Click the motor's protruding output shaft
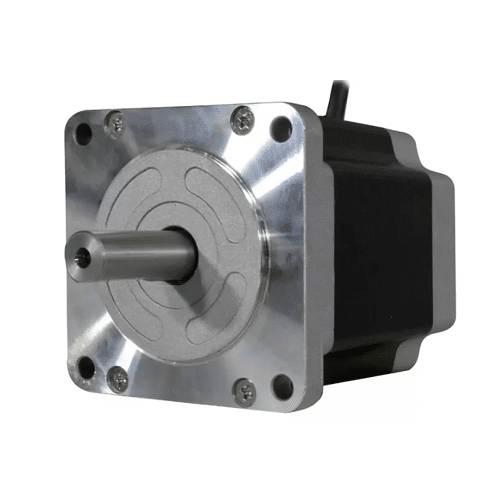pos(130,256)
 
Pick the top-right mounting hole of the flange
pos(282,127)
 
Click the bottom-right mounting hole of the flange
pos(282,382)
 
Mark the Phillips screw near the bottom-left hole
pos(118,378)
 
